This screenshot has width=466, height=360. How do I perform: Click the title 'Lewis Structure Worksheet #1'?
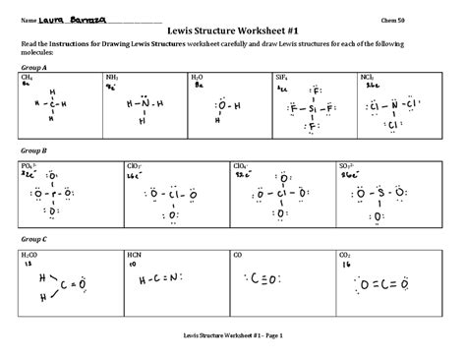tap(232, 30)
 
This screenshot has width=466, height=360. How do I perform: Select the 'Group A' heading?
tap(33, 67)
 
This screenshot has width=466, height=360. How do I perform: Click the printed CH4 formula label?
tap(27, 77)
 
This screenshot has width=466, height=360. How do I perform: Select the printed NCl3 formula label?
tap(367, 77)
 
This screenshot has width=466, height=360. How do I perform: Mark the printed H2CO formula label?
tap(29, 255)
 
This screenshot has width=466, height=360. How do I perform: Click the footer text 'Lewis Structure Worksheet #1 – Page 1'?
tap(232, 335)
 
